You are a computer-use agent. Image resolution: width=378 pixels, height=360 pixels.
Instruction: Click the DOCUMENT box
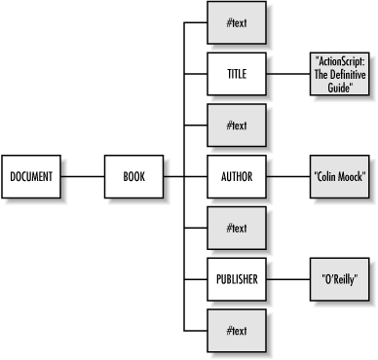(31, 176)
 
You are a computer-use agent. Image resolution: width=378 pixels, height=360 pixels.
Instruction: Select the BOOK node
(133, 176)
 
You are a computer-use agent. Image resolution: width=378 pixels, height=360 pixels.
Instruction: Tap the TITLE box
(236, 74)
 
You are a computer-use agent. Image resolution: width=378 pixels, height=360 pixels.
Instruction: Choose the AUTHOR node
(236, 176)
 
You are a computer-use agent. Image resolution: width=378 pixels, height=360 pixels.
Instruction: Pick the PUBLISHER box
(236, 252)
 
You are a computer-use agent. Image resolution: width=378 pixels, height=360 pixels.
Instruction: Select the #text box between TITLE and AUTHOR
(236, 125)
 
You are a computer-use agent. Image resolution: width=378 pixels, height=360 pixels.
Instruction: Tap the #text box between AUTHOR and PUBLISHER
(236, 201)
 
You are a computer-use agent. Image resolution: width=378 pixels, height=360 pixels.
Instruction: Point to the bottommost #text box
(236, 304)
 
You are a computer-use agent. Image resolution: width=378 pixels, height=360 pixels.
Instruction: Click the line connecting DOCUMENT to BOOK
(83, 176)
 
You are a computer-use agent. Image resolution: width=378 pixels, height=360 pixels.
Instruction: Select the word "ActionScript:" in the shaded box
(338, 63)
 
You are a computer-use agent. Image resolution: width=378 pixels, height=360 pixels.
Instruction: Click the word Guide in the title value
(338, 86)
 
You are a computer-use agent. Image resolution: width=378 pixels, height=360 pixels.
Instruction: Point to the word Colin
(326, 176)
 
